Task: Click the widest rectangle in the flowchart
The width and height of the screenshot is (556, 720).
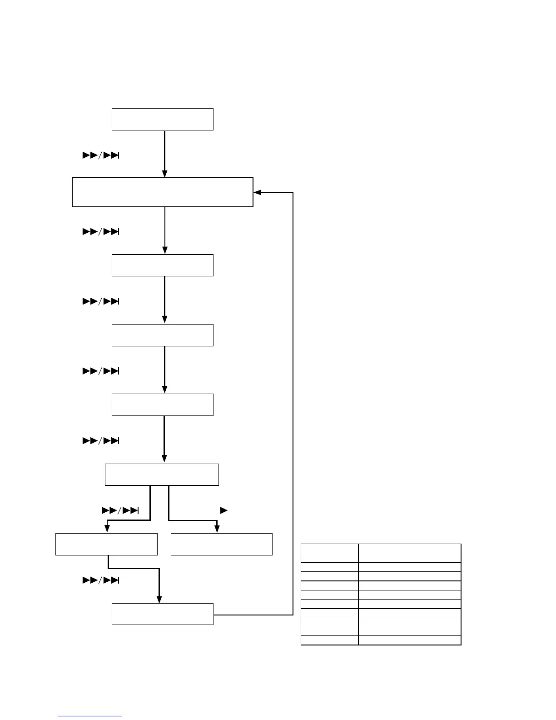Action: pos(163,192)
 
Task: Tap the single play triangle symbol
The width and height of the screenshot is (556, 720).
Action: pos(223,510)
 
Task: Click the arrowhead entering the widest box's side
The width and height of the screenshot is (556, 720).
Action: pos(257,192)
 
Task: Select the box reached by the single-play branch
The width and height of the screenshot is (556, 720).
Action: pos(221,544)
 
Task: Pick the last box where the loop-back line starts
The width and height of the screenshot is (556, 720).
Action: pos(163,614)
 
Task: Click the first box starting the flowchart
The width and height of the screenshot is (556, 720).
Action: pos(163,119)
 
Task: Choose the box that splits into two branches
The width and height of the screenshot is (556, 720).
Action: pos(162,475)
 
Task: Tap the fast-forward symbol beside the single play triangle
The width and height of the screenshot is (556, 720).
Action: pos(120,510)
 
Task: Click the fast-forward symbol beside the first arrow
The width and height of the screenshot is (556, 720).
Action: pos(100,155)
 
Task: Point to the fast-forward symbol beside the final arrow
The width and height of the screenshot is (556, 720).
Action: pos(100,580)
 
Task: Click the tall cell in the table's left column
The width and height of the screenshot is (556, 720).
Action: pos(329,626)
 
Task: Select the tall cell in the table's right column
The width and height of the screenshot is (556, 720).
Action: pos(409,626)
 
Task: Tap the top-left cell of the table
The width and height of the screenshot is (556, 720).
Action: pos(329,548)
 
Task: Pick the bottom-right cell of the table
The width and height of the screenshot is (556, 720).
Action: pos(409,640)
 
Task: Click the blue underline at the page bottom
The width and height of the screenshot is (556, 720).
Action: pos(90,716)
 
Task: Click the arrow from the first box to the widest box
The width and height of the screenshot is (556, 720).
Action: pos(164,154)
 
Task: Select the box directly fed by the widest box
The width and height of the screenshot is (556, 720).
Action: pos(163,265)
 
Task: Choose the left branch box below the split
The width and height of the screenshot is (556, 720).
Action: pos(106,544)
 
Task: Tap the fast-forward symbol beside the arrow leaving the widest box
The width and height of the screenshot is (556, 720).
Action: pos(100,232)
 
